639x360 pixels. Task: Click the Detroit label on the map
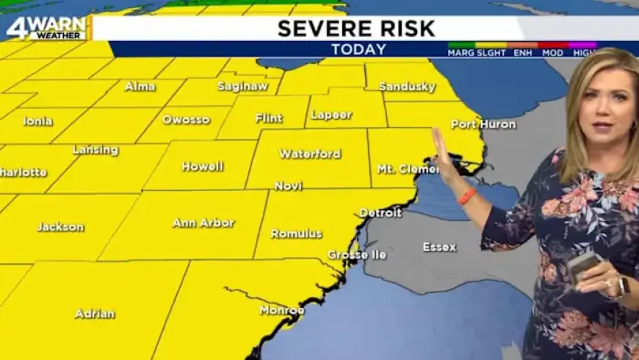[380, 213]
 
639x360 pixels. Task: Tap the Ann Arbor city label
[203, 223]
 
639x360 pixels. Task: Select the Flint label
[269, 118]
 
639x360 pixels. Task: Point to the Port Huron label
[483, 124]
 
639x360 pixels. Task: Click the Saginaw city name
[242, 86]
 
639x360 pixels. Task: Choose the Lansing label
[95, 150]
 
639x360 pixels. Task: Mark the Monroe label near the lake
[282, 310]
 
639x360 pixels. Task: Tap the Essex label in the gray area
[439, 247]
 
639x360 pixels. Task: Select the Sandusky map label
[408, 87]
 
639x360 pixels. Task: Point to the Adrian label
[95, 314]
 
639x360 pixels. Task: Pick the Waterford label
[310, 154]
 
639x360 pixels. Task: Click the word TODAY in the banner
[358, 50]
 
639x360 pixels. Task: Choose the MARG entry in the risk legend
[460, 54]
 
